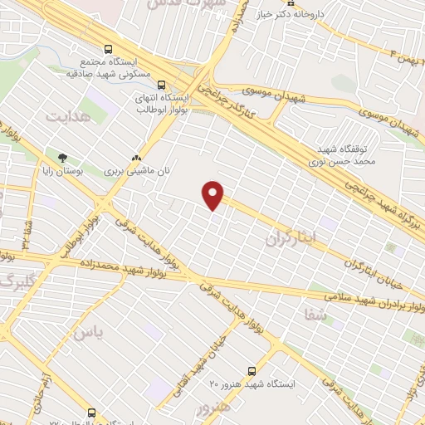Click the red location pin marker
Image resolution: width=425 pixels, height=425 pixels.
click(x=213, y=195)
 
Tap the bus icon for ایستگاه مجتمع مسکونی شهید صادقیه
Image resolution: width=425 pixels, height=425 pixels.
click(x=107, y=49)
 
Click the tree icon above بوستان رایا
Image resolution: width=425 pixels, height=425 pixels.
click(x=62, y=157)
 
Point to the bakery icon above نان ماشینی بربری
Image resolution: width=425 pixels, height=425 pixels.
click(x=136, y=157)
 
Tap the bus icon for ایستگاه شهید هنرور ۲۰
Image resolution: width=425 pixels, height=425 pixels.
click(x=252, y=371)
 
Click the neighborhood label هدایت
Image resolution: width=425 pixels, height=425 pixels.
click(x=66, y=117)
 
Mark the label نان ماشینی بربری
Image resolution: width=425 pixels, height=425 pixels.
click(x=136, y=170)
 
